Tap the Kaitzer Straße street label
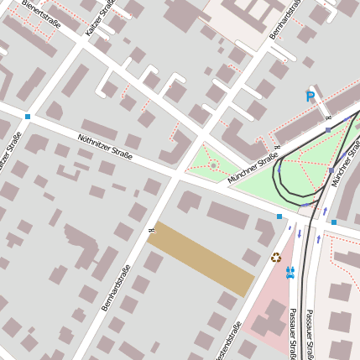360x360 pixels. (101, 18)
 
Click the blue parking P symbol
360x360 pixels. (310, 97)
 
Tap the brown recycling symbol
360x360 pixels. (275, 257)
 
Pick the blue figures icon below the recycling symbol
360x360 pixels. (290, 272)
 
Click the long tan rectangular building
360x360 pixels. (201, 258)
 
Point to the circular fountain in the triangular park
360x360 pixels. (213, 165)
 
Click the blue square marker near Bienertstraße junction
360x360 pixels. (28, 117)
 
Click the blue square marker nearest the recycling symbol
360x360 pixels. (279, 217)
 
